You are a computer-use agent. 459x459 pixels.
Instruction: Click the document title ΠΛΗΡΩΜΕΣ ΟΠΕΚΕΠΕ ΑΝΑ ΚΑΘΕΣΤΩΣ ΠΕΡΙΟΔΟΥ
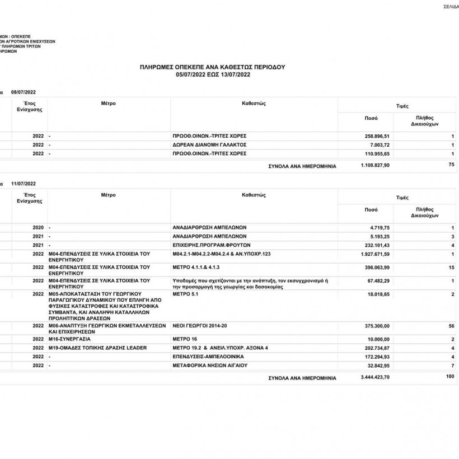click(x=212, y=67)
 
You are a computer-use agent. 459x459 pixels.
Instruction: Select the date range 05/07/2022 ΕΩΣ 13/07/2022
click(x=212, y=74)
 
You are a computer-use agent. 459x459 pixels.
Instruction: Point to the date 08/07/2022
click(x=23, y=92)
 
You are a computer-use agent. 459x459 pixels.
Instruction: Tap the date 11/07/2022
click(x=23, y=184)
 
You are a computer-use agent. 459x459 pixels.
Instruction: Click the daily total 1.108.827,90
click(x=375, y=165)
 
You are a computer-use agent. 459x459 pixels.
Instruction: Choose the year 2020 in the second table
click(x=38, y=228)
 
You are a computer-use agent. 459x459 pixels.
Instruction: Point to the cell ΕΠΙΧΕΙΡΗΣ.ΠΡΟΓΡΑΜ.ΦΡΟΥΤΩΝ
click(x=211, y=245)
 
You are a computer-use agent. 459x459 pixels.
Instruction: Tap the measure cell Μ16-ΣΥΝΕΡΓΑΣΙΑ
click(x=70, y=339)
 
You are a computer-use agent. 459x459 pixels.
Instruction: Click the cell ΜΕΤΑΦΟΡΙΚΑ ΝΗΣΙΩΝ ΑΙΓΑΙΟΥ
click(x=210, y=366)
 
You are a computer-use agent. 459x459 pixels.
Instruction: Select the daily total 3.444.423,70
click(x=375, y=378)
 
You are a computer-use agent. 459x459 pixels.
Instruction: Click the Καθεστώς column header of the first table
click(x=253, y=104)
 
